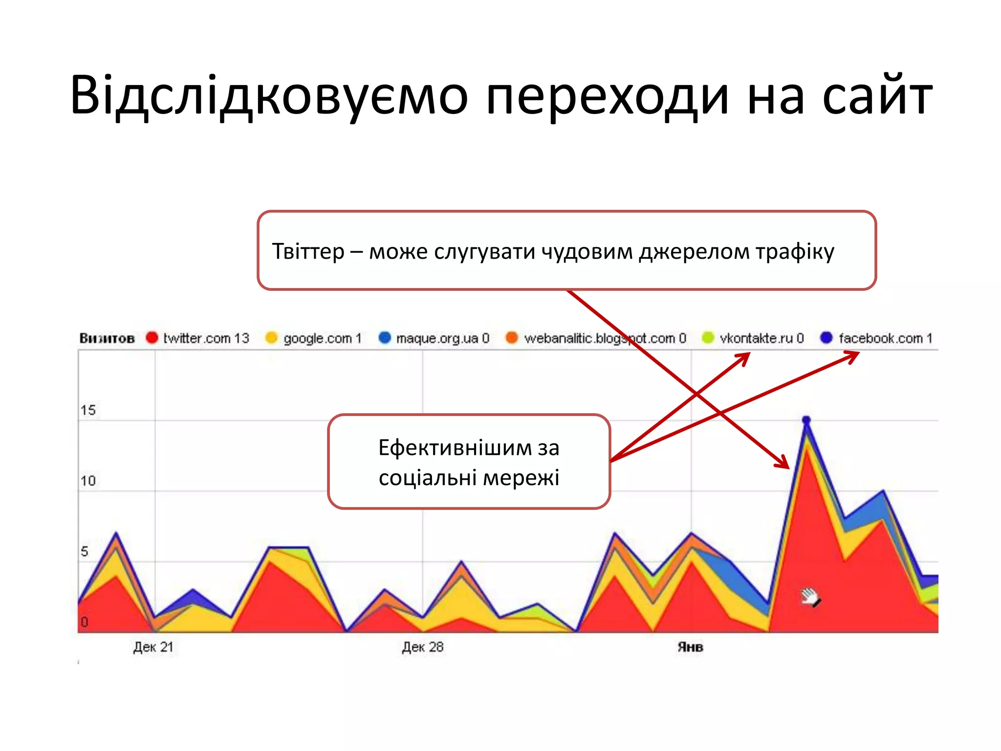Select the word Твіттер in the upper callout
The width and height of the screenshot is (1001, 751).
click(308, 251)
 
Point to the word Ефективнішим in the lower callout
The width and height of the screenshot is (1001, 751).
click(455, 448)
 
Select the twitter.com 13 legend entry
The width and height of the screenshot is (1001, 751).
click(206, 338)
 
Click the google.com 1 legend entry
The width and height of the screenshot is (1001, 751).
click(322, 338)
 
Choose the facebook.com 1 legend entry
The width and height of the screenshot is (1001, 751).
click(885, 338)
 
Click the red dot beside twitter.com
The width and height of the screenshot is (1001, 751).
click(152, 338)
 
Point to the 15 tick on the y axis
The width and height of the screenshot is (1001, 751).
click(88, 410)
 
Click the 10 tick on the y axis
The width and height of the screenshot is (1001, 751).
click(88, 481)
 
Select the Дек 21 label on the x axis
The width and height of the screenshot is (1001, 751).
click(153, 647)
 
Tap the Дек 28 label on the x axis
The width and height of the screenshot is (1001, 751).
click(422, 647)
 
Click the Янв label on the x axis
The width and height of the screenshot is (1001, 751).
click(690, 647)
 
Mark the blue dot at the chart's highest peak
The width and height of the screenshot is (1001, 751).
click(806, 420)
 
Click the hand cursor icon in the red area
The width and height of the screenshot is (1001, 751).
click(811, 597)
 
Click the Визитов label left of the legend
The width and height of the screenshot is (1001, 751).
click(107, 338)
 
